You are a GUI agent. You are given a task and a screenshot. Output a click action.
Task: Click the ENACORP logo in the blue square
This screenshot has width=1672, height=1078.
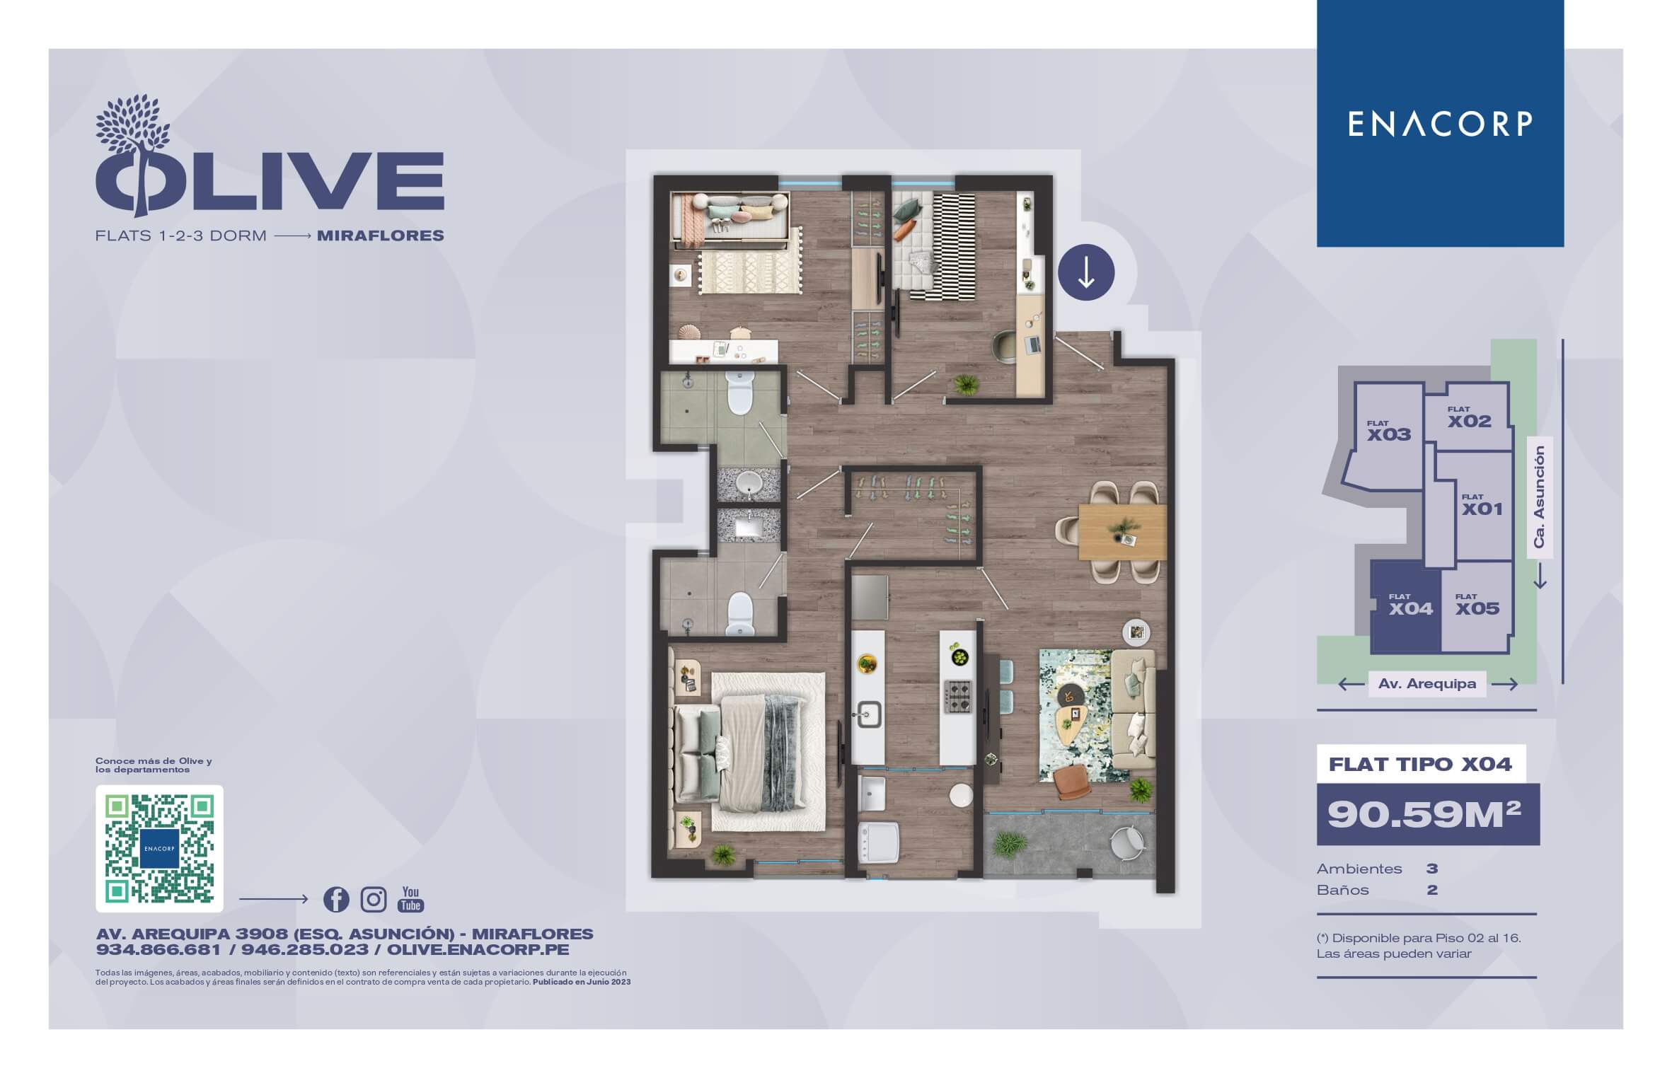point(1440,124)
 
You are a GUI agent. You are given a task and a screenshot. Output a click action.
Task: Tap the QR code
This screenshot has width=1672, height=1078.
point(159,848)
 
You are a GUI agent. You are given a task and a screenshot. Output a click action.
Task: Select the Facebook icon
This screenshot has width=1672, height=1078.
point(336,899)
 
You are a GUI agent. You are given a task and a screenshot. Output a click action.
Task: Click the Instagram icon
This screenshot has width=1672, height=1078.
point(374,899)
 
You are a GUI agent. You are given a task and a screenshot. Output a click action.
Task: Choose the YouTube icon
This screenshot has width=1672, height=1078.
point(410,899)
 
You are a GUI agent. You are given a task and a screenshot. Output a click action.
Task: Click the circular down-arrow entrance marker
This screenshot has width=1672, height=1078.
point(1086,272)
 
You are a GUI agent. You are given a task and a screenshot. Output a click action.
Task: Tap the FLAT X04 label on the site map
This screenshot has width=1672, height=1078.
point(1410,605)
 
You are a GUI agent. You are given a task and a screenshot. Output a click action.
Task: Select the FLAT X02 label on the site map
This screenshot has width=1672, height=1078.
point(1469,417)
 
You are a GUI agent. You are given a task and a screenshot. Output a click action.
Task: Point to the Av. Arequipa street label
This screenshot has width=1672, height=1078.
point(1426,684)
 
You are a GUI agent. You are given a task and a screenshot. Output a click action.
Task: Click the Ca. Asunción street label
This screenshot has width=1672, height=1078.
point(1538,497)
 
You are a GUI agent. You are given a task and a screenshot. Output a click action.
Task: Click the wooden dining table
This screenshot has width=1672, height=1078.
point(1122,531)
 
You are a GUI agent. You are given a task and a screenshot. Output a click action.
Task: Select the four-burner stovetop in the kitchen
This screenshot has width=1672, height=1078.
point(959,696)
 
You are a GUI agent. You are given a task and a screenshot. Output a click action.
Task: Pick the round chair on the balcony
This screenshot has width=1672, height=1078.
point(1127,842)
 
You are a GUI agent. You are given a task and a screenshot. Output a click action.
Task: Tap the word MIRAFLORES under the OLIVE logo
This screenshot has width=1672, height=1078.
point(381,236)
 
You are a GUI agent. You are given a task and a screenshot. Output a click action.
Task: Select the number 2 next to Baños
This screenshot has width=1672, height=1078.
point(1432,890)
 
